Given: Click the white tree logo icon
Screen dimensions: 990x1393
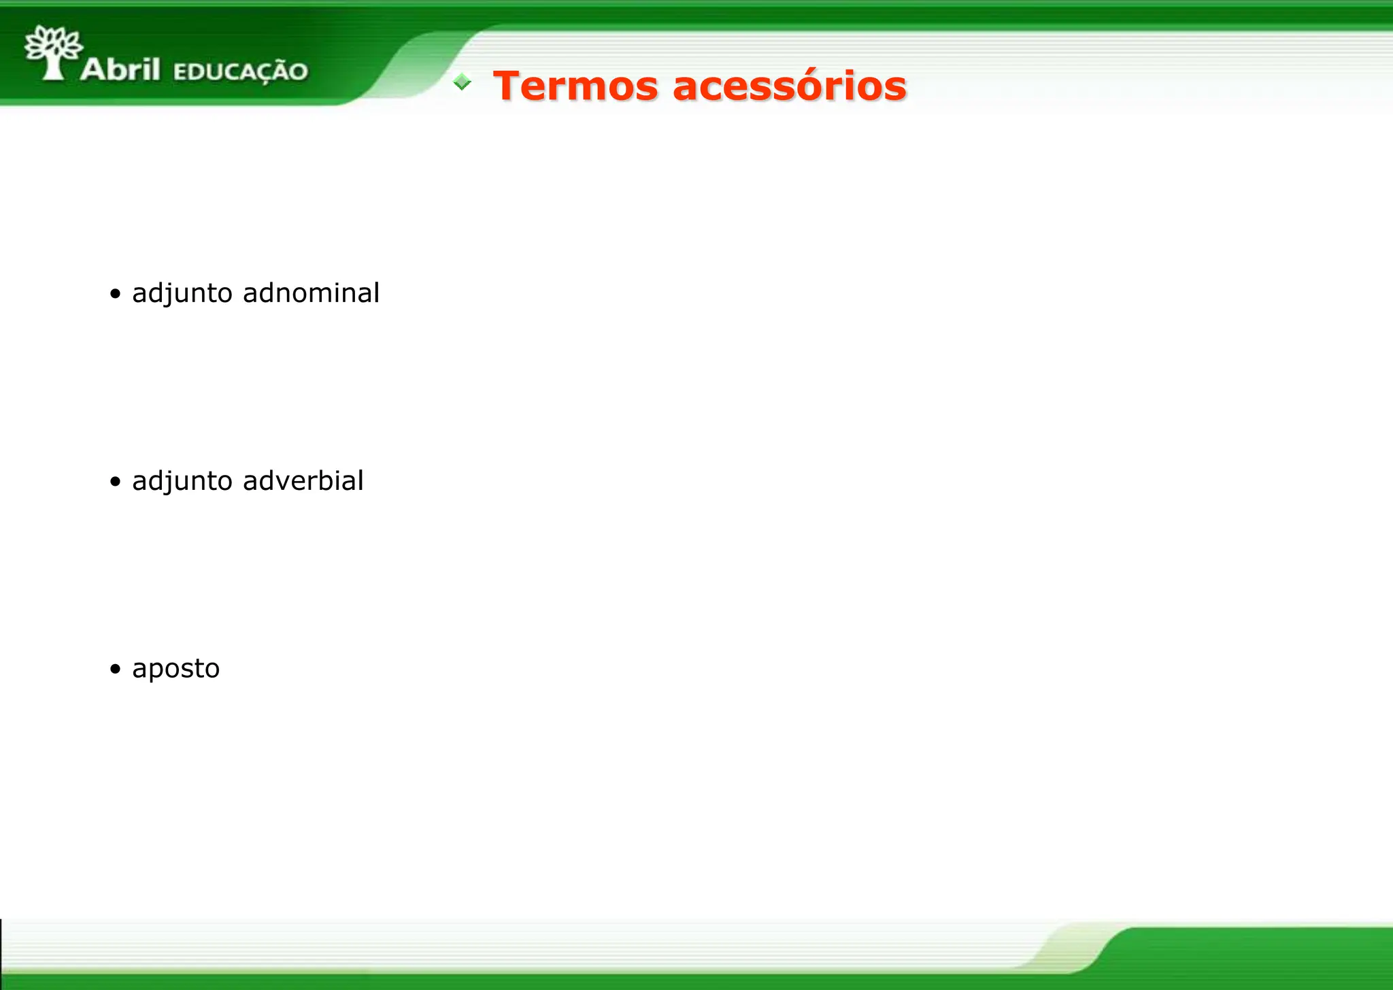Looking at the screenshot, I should pos(53,52).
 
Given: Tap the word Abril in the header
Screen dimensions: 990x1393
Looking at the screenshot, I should pos(120,69).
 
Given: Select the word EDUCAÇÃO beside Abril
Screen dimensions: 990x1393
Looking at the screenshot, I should pos(241,71).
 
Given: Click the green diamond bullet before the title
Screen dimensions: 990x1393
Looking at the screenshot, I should pos(462,82).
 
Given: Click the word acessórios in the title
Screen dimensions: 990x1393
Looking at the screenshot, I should pos(789,86).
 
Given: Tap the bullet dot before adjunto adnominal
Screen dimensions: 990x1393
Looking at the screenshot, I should pos(116,294).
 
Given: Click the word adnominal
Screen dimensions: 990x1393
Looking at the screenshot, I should pos(311,293).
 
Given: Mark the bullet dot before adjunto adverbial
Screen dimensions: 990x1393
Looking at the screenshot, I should pos(116,482).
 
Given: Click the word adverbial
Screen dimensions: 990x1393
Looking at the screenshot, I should pos(303,481).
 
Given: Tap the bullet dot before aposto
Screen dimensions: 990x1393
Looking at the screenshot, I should pos(116,669).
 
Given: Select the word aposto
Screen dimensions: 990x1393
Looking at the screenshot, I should pos(175,669).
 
